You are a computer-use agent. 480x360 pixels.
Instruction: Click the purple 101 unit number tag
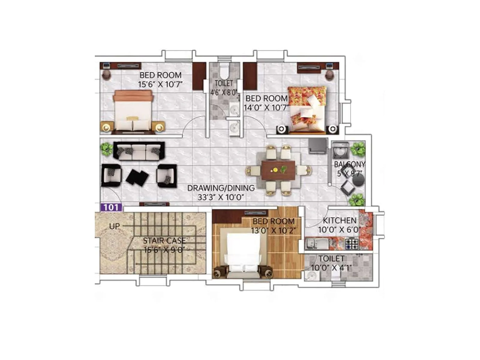point(111,208)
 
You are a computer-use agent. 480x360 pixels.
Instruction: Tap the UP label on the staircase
point(114,226)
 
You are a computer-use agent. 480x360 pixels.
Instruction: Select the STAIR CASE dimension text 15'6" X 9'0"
point(164,250)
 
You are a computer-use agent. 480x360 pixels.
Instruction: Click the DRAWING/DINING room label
point(221,188)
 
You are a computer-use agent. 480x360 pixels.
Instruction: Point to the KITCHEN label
point(340,220)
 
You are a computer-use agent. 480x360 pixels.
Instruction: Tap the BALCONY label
point(349,164)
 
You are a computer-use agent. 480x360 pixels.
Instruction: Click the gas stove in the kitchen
point(352,243)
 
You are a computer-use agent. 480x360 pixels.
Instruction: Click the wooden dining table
point(278,170)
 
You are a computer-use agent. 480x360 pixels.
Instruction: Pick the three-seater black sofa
point(139,151)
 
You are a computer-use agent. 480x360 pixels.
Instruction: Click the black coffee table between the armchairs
point(137,177)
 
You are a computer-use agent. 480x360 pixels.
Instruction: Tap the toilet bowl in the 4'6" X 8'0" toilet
point(224,71)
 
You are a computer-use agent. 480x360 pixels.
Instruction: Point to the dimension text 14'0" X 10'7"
point(266,107)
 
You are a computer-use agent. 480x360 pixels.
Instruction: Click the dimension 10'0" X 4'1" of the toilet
point(331,267)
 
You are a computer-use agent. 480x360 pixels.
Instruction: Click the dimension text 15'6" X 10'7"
point(160,84)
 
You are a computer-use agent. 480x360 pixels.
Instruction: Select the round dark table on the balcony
point(358,180)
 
